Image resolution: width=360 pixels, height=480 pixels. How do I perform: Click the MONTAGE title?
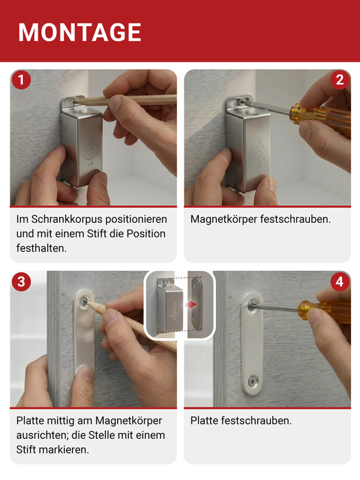pos(80,32)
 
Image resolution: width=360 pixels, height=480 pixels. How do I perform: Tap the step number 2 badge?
pos(339,80)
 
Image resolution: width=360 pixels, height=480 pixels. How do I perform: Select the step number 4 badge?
pos(339,282)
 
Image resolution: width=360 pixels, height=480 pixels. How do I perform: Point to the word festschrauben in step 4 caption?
pos(257,420)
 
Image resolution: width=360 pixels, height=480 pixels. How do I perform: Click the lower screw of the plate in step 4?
pos(254,378)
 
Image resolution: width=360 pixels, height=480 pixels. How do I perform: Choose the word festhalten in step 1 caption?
pos(41,248)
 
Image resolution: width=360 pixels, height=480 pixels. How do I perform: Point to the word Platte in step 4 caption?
pos(204,420)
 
